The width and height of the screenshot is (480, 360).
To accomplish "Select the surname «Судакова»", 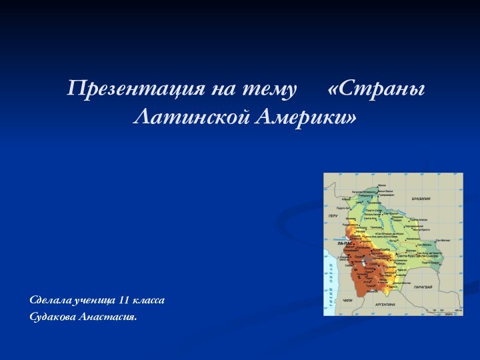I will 53,316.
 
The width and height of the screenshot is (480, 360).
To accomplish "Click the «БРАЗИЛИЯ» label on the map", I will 421,199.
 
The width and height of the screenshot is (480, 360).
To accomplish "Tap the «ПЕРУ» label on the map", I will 333,216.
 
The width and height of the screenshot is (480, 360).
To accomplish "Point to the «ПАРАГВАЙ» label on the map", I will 424,287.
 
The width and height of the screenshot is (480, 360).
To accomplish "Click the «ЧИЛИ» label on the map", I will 347,301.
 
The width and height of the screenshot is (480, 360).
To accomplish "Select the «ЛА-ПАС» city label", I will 345,243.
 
